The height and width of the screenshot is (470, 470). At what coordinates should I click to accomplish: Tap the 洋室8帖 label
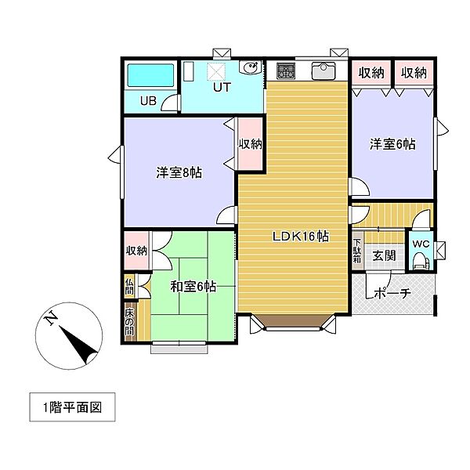pyautogui.click(x=179, y=172)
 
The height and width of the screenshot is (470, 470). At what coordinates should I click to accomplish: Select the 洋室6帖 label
pyautogui.click(x=392, y=144)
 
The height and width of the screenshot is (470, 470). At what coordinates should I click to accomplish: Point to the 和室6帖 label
pyautogui.click(x=193, y=286)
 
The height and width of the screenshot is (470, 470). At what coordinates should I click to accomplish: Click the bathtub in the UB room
pyautogui.click(x=150, y=77)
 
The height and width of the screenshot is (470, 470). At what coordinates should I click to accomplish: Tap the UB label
pyautogui.click(x=148, y=100)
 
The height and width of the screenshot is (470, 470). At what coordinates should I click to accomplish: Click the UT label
pyautogui.click(x=222, y=88)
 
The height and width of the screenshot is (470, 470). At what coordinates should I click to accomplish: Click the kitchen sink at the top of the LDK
pyautogui.click(x=323, y=70)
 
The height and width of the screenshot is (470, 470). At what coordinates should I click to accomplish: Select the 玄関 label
pyautogui.click(x=384, y=255)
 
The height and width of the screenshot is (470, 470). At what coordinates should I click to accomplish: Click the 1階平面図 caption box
pyautogui.click(x=72, y=407)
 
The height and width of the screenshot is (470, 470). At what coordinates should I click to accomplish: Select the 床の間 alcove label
pyautogui.click(x=129, y=324)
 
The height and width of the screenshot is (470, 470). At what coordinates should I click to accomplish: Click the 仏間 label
pyautogui.click(x=129, y=287)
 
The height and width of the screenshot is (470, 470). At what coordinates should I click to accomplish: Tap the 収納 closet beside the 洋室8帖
pyautogui.click(x=250, y=144)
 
